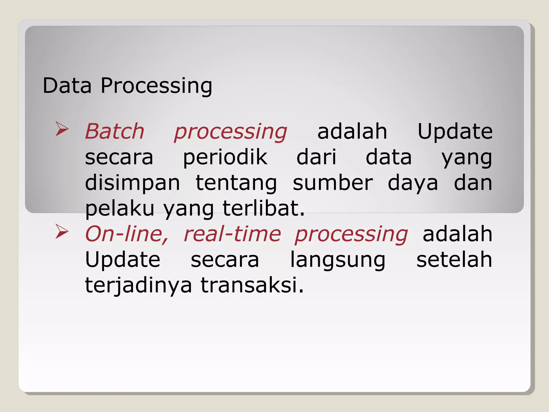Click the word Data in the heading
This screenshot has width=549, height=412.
(67, 86)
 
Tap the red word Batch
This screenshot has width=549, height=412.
(115, 131)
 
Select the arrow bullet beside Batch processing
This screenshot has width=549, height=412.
(62, 129)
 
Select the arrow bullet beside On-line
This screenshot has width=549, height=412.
(62, 232)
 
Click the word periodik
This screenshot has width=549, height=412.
(225, 157)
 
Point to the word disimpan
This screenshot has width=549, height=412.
(132, 183)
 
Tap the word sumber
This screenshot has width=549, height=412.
(333, 183)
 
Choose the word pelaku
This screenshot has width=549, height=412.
(120, 209)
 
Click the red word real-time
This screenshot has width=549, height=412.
(232, 234)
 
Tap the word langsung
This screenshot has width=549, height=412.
(338, 260)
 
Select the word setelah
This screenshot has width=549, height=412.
(454, 260)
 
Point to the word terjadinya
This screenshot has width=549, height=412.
(138, 285)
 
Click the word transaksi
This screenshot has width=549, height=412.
(252, 285)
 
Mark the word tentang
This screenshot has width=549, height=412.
(236, 183)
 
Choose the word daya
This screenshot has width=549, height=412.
(413, 183)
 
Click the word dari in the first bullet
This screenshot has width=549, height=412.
(316, 157)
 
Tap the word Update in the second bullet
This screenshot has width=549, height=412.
(123, 260)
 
